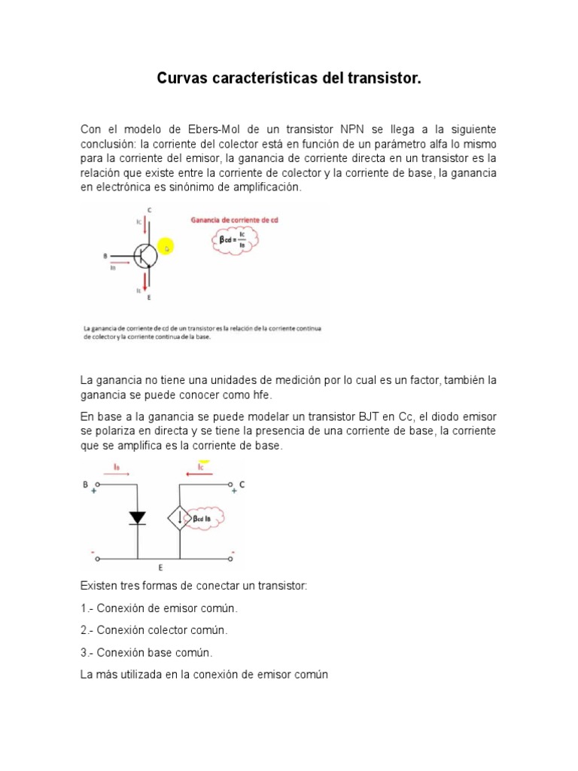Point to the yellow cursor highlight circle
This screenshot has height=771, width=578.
165,247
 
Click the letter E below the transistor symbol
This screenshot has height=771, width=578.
149,298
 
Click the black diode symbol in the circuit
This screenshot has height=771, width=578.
138,517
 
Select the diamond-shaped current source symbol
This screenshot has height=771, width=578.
178,518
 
